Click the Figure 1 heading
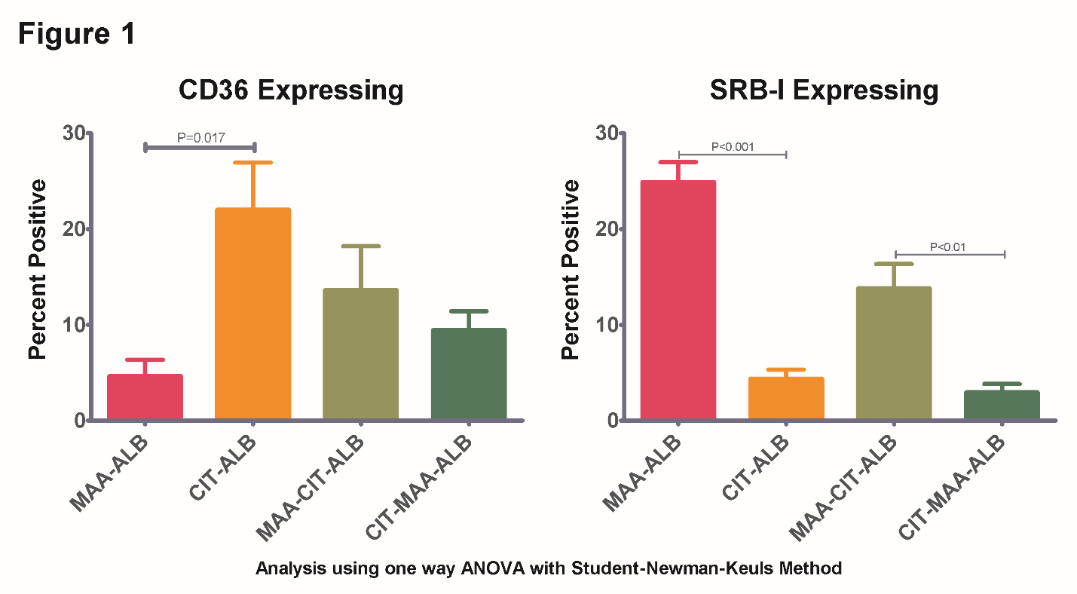[77, 35]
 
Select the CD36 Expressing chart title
[291, 90]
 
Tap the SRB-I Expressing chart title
[824, 90]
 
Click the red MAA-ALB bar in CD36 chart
[145, 397]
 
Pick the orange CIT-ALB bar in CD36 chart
[253, 314]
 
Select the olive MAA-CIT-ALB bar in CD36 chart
[361, 354]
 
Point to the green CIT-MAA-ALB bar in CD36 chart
[469, 374]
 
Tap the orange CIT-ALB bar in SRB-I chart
[786, 398]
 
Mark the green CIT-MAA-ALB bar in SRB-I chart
[1002, 405]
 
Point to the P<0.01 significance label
[948, 246]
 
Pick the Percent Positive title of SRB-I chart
[571, 269]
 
